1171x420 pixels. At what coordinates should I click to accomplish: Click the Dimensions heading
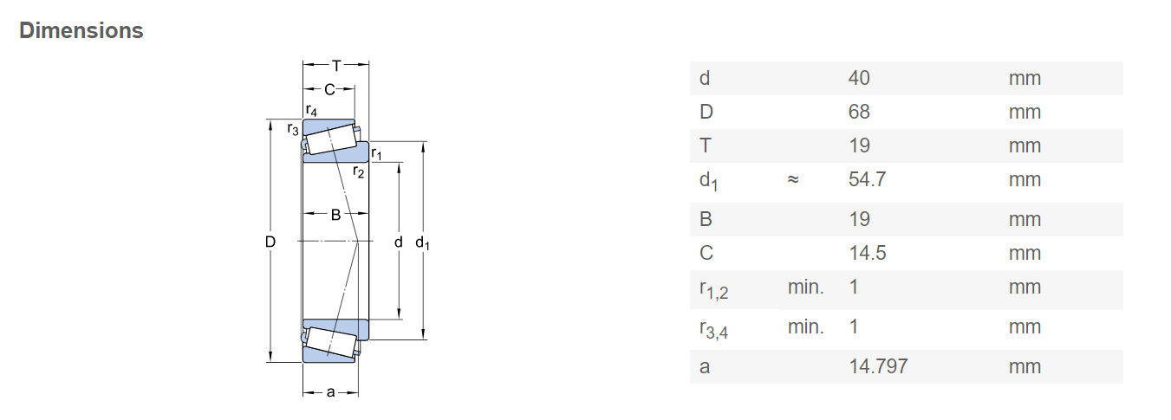pos(81,31)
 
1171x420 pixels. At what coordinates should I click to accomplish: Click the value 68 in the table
pos(859,112)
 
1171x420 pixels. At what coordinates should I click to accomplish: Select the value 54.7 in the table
pos(867,179)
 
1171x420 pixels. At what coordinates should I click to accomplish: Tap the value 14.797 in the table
pos(878,366)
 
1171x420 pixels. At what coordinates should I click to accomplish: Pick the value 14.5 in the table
pos(868,253)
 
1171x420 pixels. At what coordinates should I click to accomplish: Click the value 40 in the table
pos(859,78)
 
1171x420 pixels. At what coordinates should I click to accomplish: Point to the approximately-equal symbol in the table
pos(793,179)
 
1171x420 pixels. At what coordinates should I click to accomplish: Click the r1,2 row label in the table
pos(713,289)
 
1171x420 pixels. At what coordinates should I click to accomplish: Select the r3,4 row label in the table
pos(713,329)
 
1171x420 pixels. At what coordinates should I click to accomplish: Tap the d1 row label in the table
pos(708,181)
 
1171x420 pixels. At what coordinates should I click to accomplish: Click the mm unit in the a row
pos(1025,366)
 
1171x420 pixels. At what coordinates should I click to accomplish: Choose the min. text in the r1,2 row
pos(805,287)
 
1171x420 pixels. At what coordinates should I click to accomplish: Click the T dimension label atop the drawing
pos(336,66)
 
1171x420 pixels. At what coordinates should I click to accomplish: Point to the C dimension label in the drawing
pos(329,90)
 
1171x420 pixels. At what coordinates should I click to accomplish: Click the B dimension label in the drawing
pos(335,215)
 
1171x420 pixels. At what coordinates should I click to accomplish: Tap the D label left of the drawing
pos(270,242)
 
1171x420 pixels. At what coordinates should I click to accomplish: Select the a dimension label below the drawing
pos(330,392)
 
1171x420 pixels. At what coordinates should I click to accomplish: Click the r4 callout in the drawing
pos(311,110)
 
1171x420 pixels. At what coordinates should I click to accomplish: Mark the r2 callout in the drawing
pos(358,171)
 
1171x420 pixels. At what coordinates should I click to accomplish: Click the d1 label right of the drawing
pos(422,243)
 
